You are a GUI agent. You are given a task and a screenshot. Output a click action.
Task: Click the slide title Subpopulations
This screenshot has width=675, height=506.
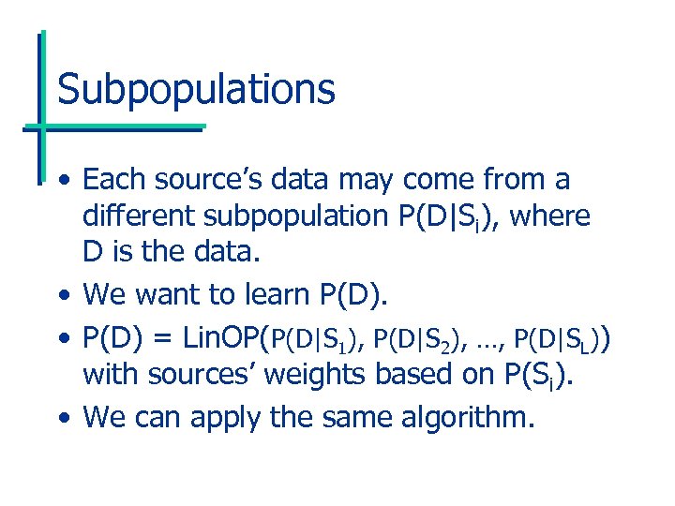pos(196,90)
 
